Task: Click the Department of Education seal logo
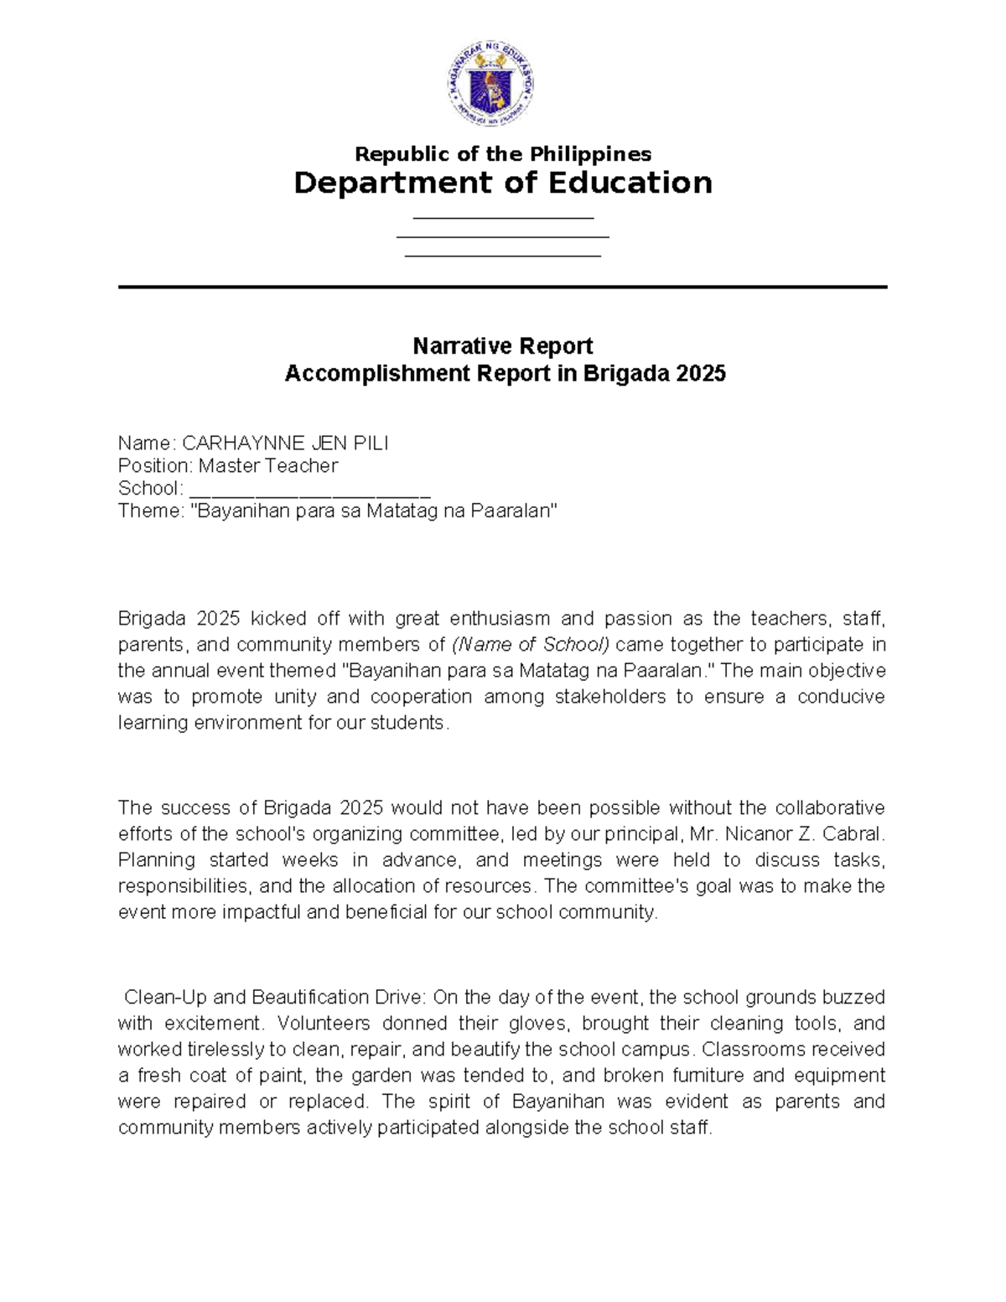pos(490,84)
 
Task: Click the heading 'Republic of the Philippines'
pos(503,154)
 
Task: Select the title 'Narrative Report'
pos(503,346)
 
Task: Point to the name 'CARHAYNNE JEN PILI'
pos(285,444)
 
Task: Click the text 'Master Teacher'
pos(267,466)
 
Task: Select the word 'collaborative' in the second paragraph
pos(829,808)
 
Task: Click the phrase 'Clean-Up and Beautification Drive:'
pos(275,998)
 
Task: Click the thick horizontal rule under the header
pos(503,288)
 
